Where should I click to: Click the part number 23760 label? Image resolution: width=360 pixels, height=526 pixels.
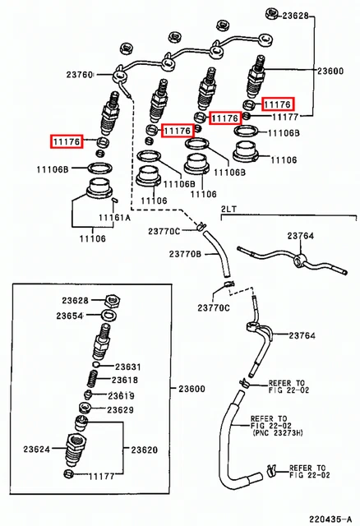click(80, 74)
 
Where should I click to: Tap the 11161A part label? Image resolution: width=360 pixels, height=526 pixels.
click(114, 218)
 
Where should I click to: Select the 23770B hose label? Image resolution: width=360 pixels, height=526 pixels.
click(185, 254)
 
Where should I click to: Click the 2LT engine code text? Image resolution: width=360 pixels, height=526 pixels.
click(228, 209)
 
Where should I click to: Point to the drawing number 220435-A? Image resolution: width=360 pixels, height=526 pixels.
click(330, 519)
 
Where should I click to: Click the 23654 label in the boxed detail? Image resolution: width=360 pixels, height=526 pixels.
click(69, 316)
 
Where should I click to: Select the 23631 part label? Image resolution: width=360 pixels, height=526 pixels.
click(128, 367)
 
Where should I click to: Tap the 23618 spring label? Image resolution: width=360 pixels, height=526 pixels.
click(125, 380)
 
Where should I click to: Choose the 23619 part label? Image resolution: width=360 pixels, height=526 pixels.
click(121, 396)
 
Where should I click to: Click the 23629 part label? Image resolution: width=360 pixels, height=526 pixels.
click(121, 409)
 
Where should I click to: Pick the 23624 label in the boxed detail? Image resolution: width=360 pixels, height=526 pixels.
click(36, 449)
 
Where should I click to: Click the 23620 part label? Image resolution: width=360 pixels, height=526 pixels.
click(145, 450)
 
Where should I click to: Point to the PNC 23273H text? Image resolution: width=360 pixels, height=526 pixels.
click(277, 433)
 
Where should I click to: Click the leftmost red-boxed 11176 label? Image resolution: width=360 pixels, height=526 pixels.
click(67, 142)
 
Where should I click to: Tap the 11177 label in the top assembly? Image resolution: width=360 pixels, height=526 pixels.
click(285, 117)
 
